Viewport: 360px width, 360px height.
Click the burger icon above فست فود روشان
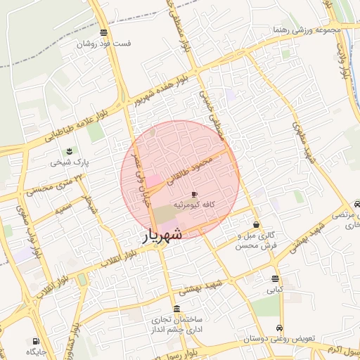coord(104,32)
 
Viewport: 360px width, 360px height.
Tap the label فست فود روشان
coord(105,44)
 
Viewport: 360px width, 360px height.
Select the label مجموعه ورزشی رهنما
coord(309,30)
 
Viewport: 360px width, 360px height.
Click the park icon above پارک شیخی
coord(69,151)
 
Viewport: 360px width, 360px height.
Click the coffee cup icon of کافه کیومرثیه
coord(194,193)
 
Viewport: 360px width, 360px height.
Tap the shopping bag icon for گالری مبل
coord(255,225)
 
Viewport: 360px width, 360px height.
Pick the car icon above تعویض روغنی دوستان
coord(279,328)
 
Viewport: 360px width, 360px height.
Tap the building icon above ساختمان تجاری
coord(176,310)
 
